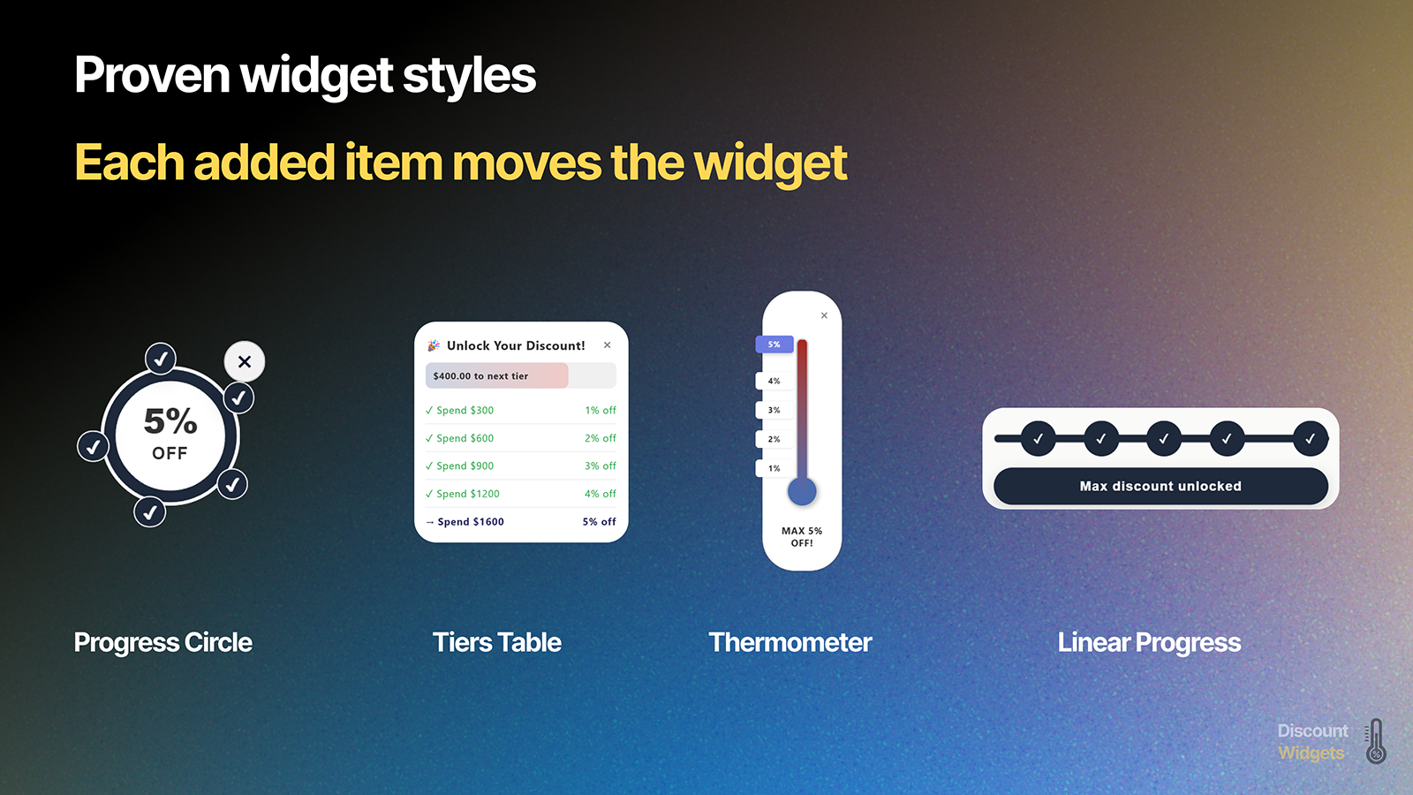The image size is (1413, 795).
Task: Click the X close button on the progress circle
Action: pos(245,361)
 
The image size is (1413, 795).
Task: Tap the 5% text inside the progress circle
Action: pos(170,421)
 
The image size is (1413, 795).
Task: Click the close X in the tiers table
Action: pos(608,345)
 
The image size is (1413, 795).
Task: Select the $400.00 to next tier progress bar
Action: pos(520,375)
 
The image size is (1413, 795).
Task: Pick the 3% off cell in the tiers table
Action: pos(601,466)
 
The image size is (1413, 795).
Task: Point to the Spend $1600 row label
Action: pos(471,522)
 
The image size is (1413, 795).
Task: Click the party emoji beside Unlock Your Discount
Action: pos(434,345)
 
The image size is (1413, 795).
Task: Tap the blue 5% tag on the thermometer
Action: pos(774,344)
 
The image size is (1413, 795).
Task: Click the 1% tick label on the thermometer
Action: pos(774,468)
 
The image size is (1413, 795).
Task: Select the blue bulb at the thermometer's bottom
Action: pos(802,491)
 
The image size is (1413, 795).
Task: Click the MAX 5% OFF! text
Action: pos(802,537)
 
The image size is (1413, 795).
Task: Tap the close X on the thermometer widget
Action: pos(824,315)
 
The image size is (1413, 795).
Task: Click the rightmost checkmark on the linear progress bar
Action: pos(1310,438)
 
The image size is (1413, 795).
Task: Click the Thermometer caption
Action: pos(790,642)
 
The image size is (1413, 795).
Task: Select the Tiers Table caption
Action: pos(497,642)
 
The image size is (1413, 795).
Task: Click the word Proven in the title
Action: pos(153,75)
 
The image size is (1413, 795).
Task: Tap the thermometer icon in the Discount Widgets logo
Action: pos(1376,741)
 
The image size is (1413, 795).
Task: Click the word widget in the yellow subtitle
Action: pos(770,163)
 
